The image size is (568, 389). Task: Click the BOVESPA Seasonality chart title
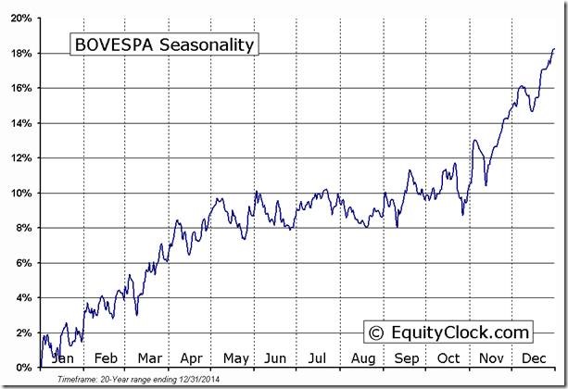click(163, 44)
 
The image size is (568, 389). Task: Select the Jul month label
click(318, 358)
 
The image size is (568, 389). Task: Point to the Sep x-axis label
click(406, 358)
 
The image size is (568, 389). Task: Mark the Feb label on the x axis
click(105, 358)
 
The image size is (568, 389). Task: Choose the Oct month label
click(448, 358)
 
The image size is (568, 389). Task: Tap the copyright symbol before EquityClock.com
click(376, 332)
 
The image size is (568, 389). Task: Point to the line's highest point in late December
click(554, 49)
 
